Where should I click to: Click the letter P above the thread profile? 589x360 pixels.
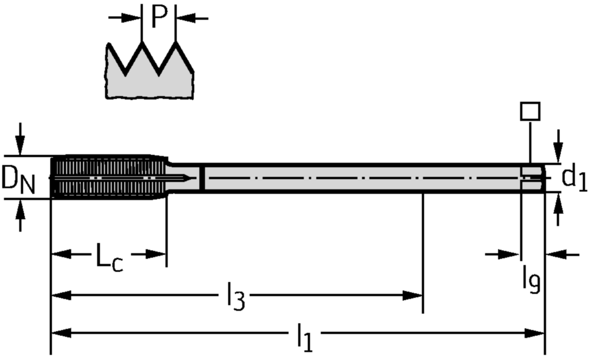point(158,18)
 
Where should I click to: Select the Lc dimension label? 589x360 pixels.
point(108,257)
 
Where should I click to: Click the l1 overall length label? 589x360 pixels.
point(305,338)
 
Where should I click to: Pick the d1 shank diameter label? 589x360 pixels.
point(574,178)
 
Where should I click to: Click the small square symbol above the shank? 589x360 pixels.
point(530,111)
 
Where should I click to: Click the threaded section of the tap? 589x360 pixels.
point(104,177)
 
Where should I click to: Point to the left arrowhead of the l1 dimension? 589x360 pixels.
point(61,333)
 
